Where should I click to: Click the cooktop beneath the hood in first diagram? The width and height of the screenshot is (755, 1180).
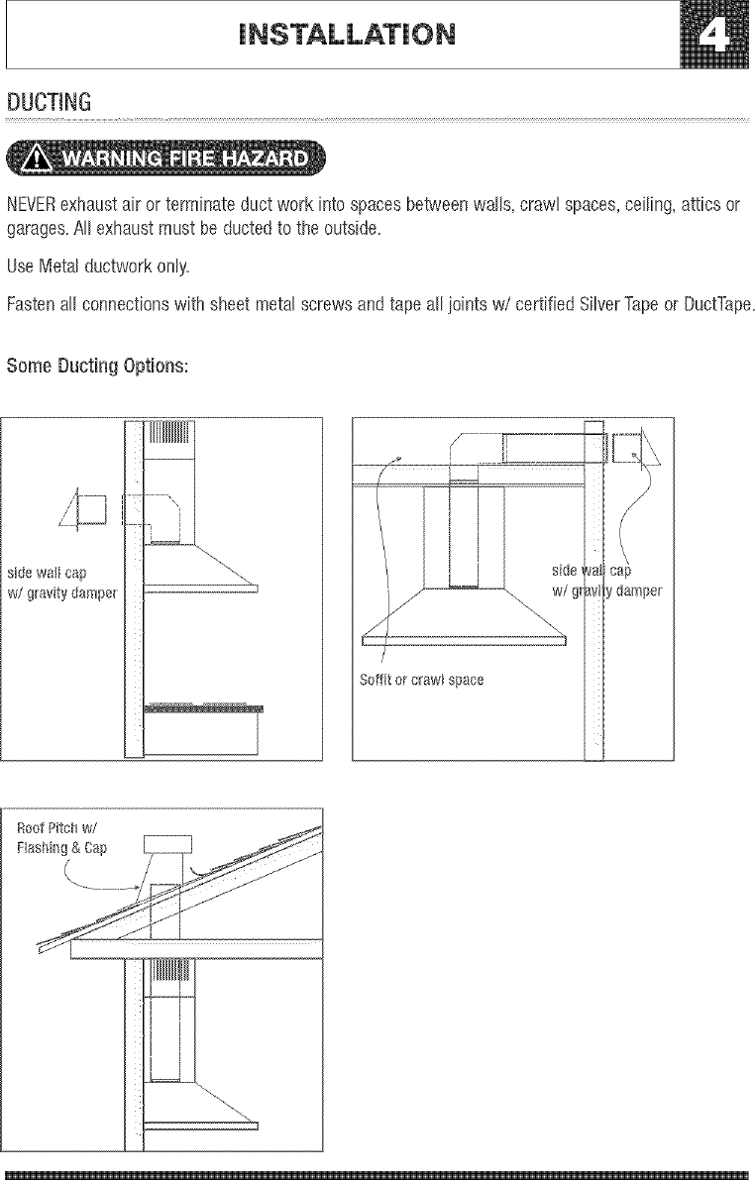point(204,708)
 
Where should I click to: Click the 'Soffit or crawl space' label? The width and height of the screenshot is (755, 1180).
point(421,681)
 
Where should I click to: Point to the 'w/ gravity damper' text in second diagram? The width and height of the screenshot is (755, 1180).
point(606,591)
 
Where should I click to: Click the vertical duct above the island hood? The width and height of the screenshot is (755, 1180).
point(464,535)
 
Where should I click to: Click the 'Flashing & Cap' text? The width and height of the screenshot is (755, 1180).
point(63,848)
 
